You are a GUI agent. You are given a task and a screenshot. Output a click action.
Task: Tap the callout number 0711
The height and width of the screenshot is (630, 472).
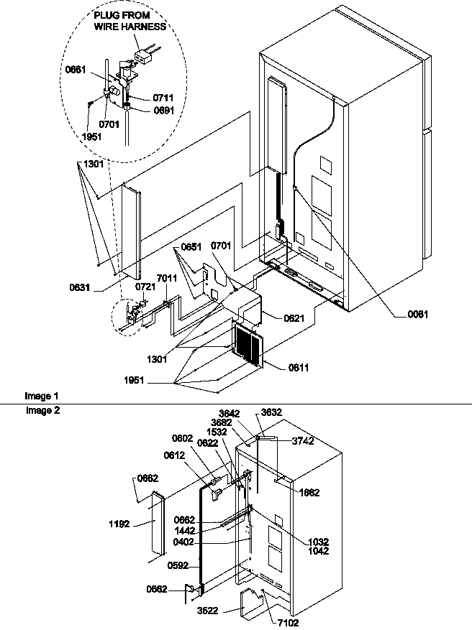click(x=163, y=97)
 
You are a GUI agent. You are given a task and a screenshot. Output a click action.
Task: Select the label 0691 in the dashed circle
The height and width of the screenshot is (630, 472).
click(x=163, y=110)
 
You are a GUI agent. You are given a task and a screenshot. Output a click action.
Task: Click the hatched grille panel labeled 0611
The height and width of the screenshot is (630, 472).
click(x=248, y=345)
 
